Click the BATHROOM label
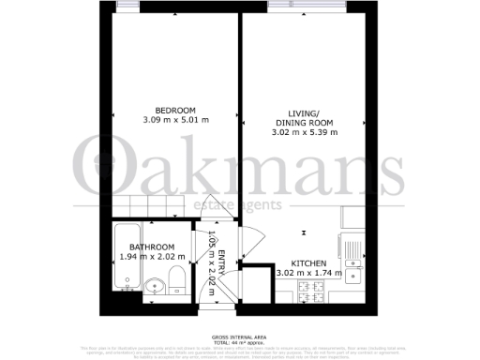pyautogui.click(x=152, y=247)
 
